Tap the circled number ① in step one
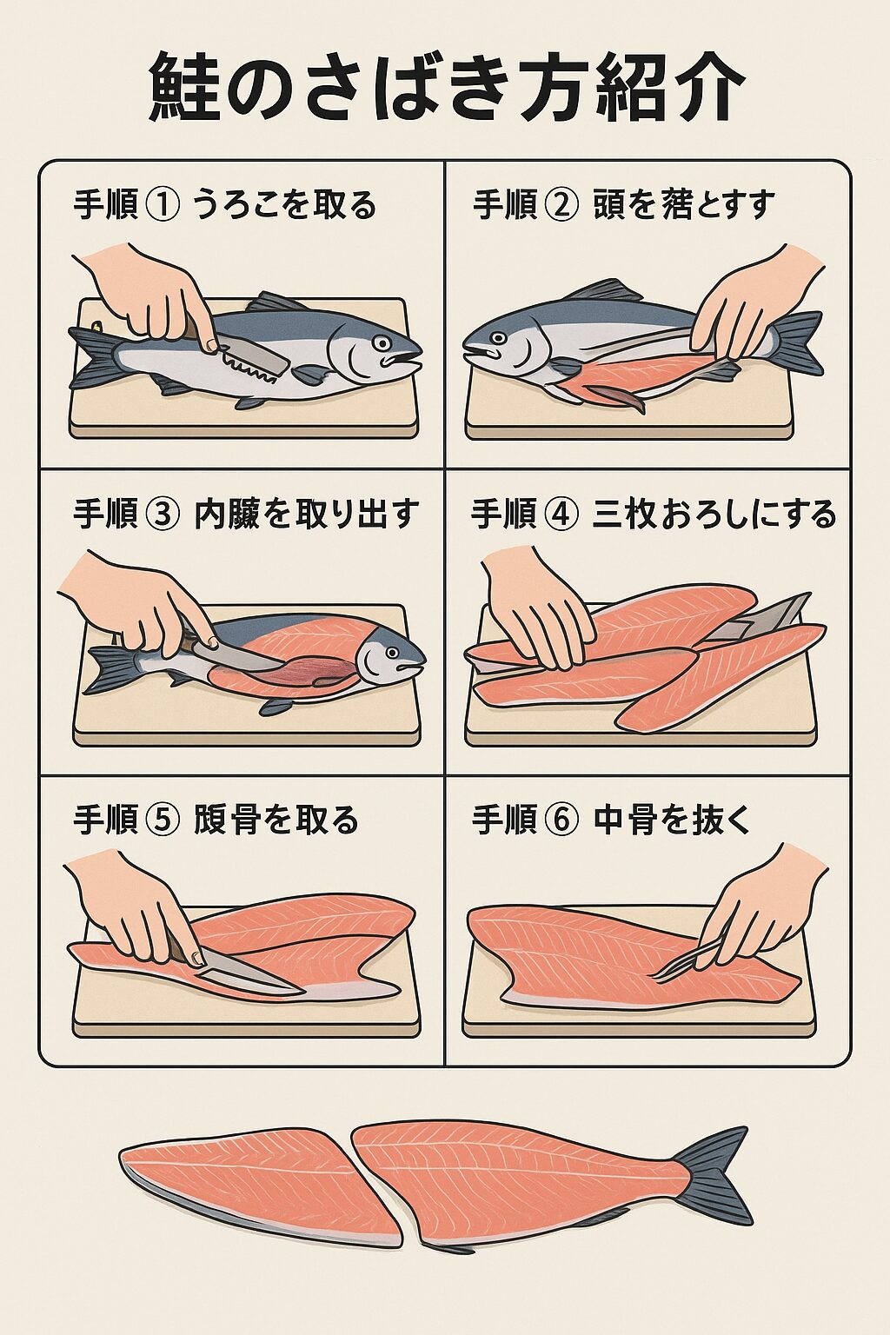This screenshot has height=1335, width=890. [164, 205]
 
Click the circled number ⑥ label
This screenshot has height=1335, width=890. [562, 820]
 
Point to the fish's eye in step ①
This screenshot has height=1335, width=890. [382, 342]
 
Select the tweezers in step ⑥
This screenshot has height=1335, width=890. [687, 963]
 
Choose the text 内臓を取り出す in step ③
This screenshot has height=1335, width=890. [307, 514]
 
